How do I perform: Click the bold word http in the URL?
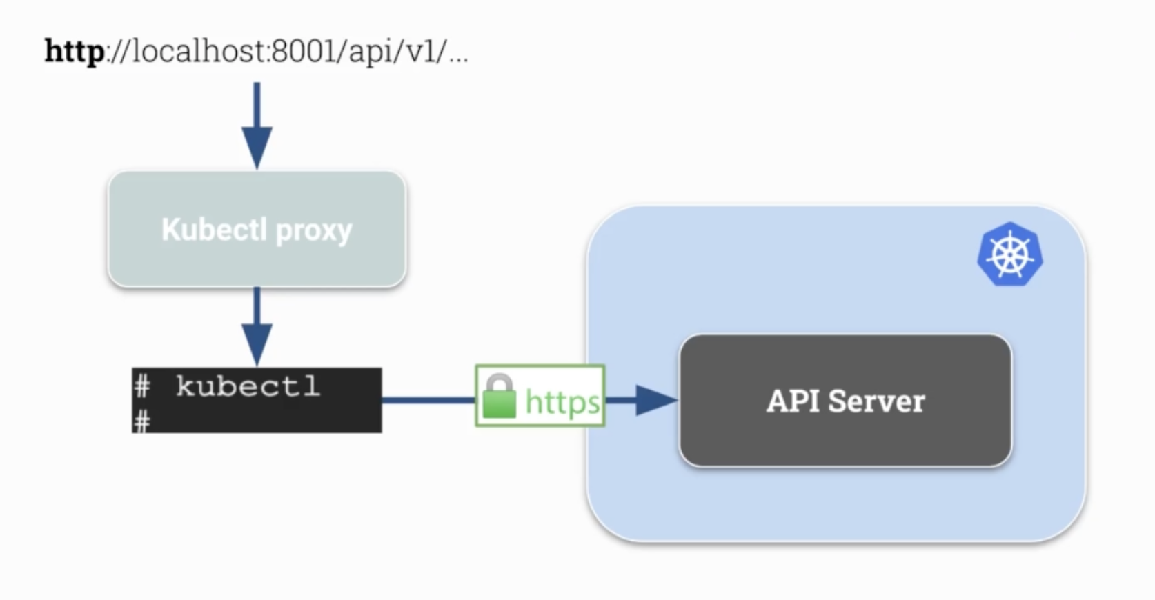coord(75,52)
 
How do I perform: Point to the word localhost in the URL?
coord(198,51)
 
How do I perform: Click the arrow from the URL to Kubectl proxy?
coord(257,126)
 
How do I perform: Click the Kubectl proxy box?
coord(257,229)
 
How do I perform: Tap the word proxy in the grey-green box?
coord(314,231)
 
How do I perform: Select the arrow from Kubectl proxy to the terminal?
coord(257,326)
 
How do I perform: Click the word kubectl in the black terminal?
coord(248,386)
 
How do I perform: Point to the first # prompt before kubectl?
coord(142,387)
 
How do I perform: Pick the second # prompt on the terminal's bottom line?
coord(142,421)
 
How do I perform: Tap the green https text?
coord(562,403)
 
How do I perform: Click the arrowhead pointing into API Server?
coord(656,400)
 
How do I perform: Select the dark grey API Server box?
coord(846,401)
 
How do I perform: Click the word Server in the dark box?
coord(876,401)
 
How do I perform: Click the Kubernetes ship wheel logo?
coord(1010,254)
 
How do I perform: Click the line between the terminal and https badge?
coord(428,400)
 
